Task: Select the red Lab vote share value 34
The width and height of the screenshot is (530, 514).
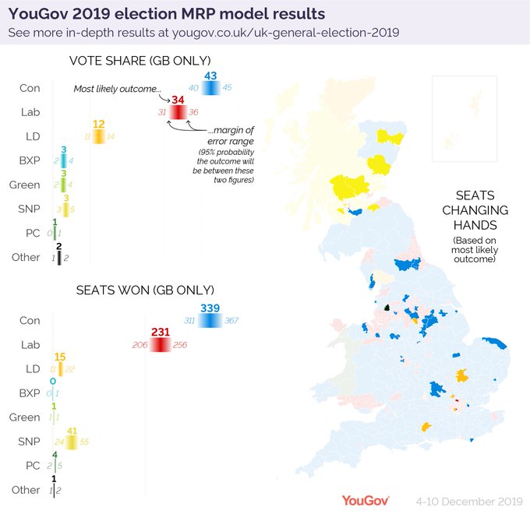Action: (x=178, y=100)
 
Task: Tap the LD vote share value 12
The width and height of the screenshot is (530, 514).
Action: (x=98, y=125)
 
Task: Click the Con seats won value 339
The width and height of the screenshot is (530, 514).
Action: (x=210, y=308)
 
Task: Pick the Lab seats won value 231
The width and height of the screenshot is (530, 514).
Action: (x=161, y=332)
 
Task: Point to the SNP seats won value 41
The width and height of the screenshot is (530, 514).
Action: (x=72, y=430)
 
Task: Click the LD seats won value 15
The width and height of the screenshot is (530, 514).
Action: (x=60, y=357)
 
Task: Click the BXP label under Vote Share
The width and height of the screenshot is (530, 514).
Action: (x=30, y=160)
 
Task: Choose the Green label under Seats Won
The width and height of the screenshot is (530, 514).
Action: (x=25, y=417)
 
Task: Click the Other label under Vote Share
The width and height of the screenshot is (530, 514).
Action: (x=26, y=257)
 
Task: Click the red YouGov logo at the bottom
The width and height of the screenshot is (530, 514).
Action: (x=365, y=500)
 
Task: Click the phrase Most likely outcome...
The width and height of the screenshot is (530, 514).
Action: (x=117, y=90)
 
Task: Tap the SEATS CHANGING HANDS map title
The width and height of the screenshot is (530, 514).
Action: (x=475, y=211)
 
